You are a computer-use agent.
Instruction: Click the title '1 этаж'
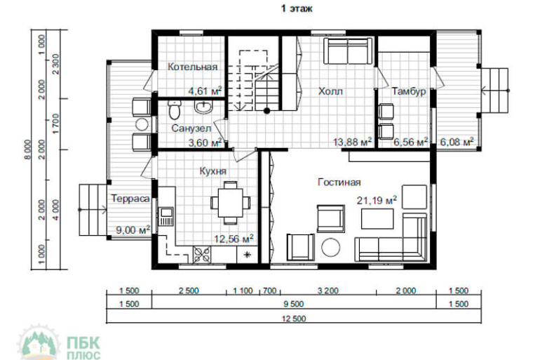click(297, 8)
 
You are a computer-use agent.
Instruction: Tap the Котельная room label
click(193, 67)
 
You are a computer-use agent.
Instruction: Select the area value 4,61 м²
click(205, 91)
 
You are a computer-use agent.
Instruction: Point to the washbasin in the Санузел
click(204, 107)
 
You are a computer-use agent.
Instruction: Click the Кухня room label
click(212, 171)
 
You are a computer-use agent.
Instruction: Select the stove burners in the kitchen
click(202, 255)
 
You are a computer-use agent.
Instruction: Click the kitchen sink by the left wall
click(166, 216)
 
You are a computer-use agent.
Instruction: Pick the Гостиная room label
click(339, 182)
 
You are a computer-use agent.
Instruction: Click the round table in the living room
click(331, 247)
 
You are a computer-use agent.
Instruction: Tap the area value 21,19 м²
click(377, 200)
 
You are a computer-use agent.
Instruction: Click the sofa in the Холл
click(348, 51)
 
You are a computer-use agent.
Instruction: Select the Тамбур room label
click(409, 92)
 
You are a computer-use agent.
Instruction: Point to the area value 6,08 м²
click(457, 142)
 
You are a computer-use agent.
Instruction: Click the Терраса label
click(130, 199)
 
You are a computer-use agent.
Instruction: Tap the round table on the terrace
click(142, 124)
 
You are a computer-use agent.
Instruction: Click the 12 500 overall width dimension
click(294, 319)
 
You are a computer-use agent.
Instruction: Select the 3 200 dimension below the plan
click(328, 291)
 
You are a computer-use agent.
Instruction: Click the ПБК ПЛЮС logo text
click(83, 347)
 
